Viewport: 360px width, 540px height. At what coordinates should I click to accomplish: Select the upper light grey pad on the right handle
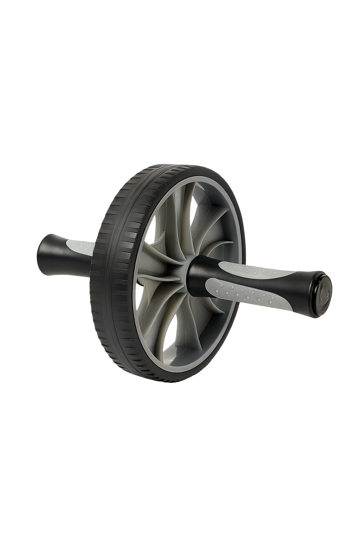click(x=257, y=269)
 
